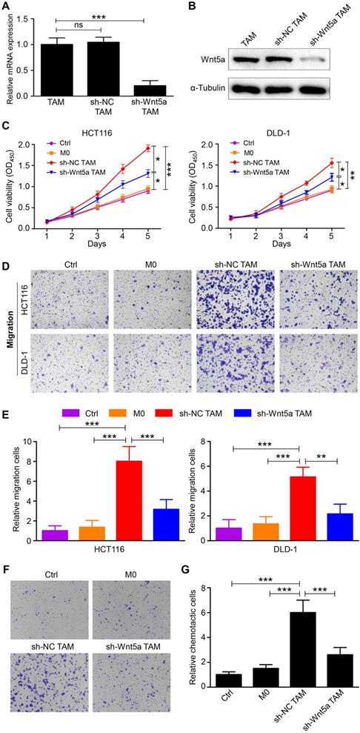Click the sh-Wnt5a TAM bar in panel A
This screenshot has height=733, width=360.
[x=155, y=90]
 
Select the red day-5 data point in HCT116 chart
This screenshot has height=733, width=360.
[x=148, y=147]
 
